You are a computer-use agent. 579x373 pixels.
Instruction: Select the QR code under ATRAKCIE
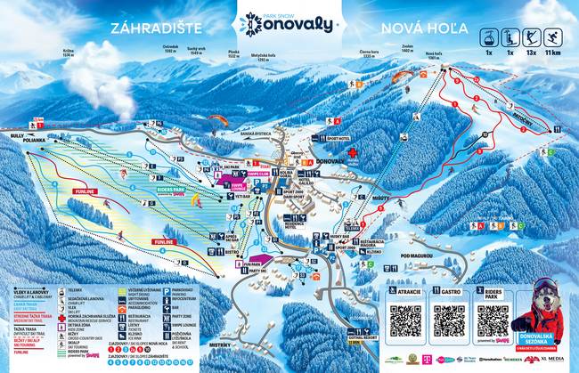click(x=405, y=320)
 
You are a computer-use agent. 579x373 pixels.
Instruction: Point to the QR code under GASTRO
click(x=449, y=320)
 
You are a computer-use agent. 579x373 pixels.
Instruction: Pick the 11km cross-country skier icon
click(x=551, y=37)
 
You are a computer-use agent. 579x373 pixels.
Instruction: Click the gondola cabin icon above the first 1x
click(x=489, y=37)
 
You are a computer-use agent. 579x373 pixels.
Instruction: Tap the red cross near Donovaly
click(x=353, y=153)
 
